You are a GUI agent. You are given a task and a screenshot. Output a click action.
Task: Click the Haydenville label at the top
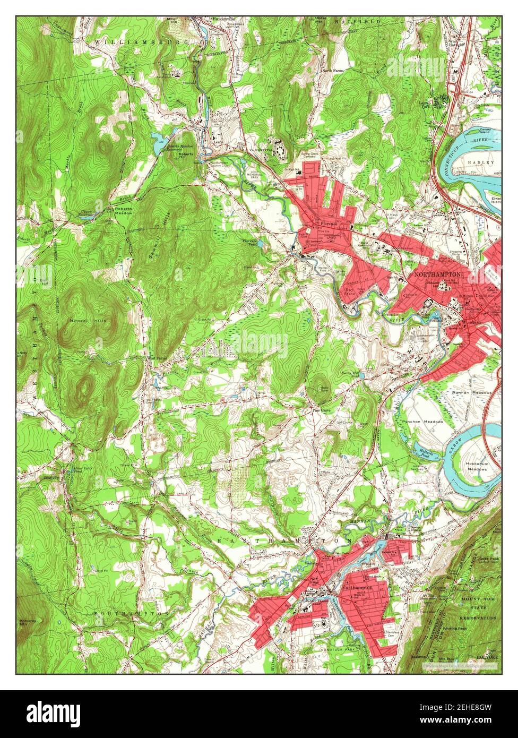click(x=223, y=19)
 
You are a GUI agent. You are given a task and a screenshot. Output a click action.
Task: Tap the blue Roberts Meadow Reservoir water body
click(x=159, y=140)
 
